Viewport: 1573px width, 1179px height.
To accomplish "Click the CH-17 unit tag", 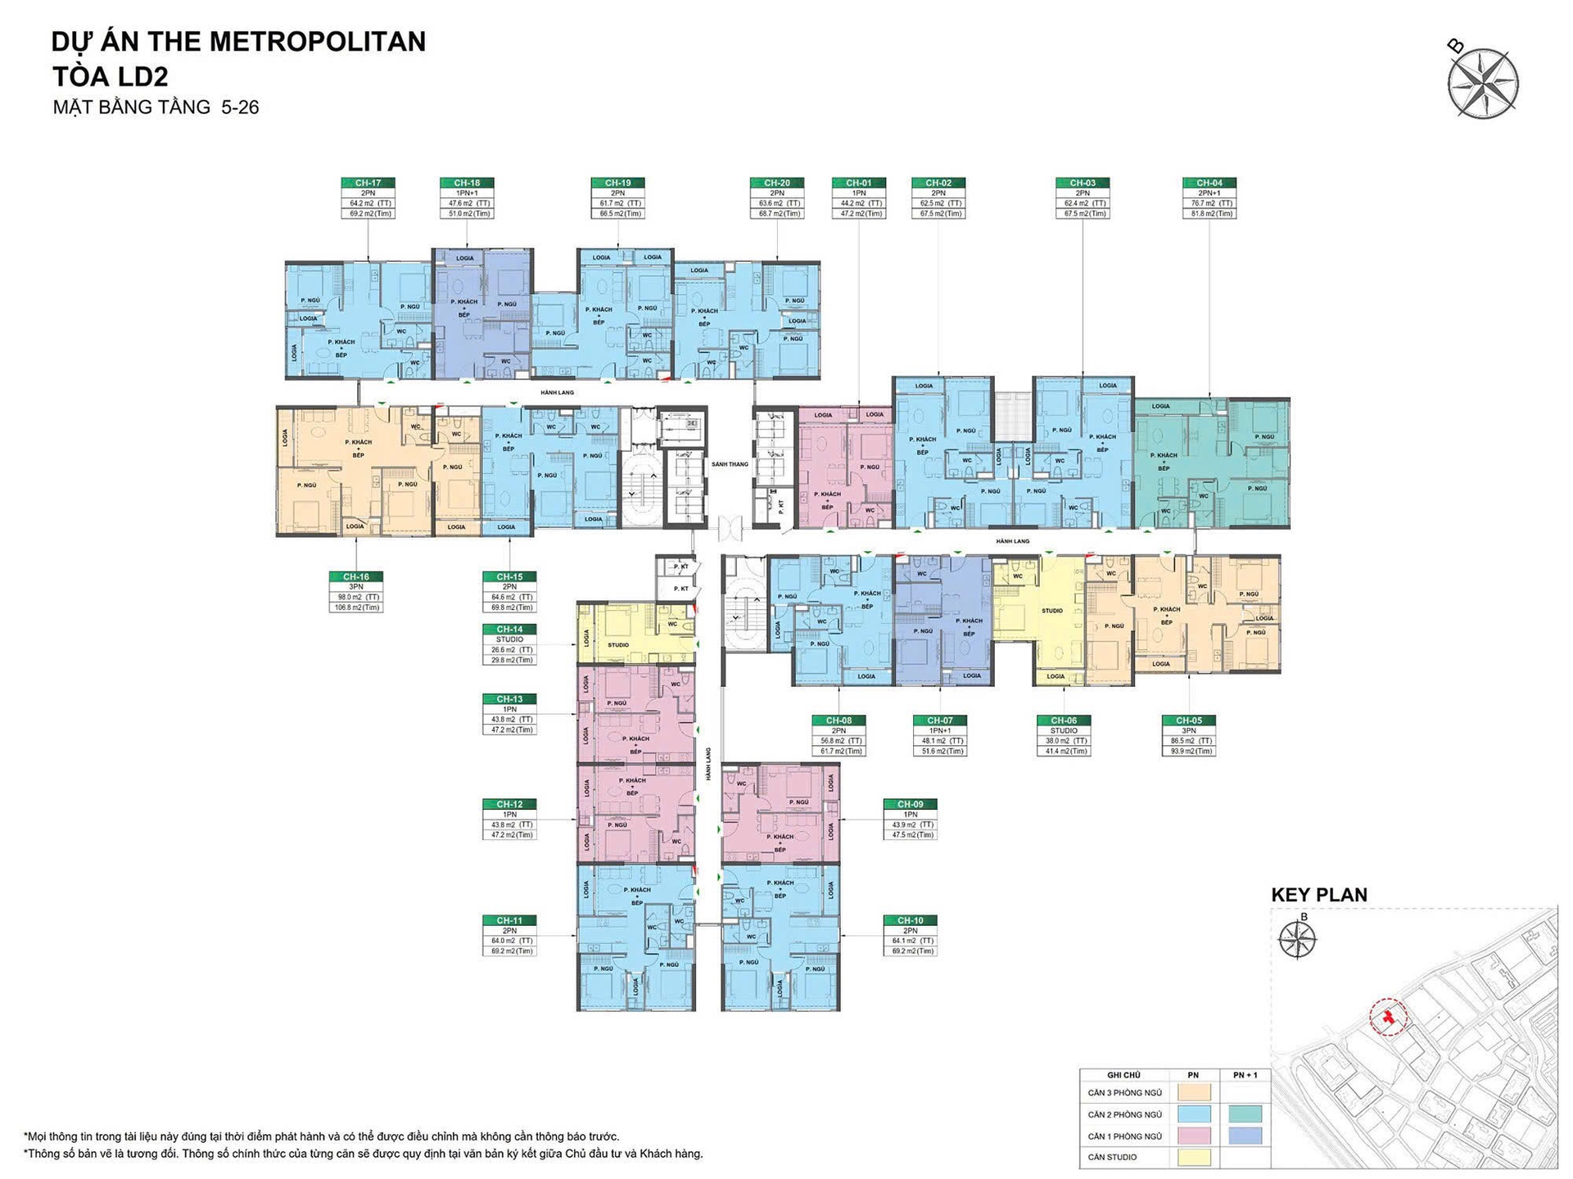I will [x=368, y=183].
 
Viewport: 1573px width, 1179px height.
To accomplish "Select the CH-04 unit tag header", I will [x=1209, y=183].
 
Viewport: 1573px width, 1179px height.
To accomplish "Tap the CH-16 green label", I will [x=355, y=576].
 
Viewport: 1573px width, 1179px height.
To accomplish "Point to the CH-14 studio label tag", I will [x=509, y=629].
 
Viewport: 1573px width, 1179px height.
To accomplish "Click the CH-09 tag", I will [x=910, y=804].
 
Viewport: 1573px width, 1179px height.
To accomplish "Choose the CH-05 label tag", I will [x=1188, y=720].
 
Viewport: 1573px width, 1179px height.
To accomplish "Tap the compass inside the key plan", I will [x=1298, y=938].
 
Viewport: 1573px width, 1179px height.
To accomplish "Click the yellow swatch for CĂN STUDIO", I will [x=1193, y=1158].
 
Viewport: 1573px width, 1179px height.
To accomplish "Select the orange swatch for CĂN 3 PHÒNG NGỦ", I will [x=1193, y=1092].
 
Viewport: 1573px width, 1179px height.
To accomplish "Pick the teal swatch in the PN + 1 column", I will [x=1245, y=1114].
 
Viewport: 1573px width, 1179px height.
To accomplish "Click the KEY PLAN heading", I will [x=1318, y=895].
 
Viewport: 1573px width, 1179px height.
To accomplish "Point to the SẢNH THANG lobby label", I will [x=730, y=464].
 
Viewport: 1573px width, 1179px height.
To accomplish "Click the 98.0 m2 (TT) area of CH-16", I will [x=355, y=598].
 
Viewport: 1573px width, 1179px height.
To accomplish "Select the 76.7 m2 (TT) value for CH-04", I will [x=1209, y=203].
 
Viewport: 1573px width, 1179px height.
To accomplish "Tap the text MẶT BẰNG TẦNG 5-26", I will [x=156, y=107].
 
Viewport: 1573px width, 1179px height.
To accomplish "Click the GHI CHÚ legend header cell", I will [x=1123, y=1075].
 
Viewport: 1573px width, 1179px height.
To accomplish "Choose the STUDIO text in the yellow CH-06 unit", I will [x=1052, y=611].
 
